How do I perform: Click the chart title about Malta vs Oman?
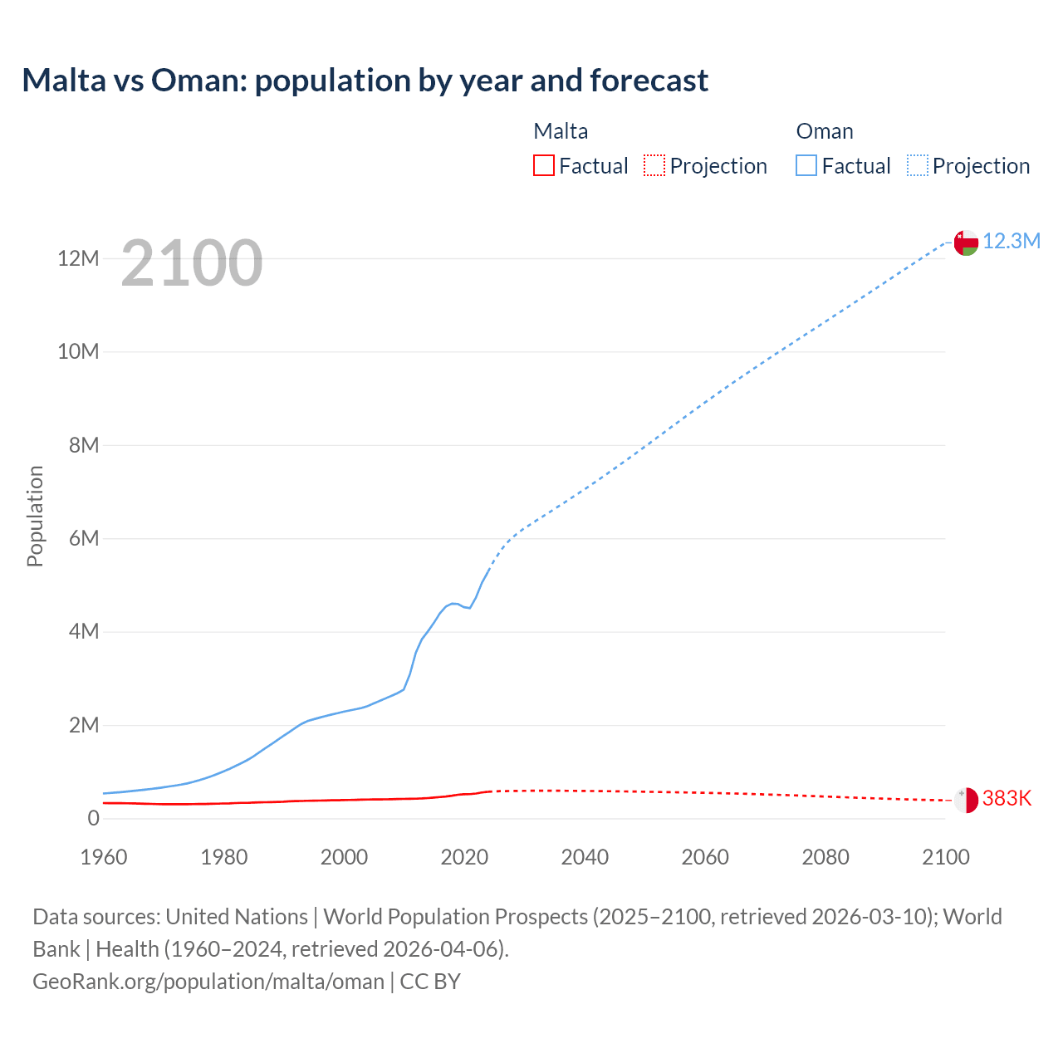pos(365,81)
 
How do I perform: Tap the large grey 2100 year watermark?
pos(192,264)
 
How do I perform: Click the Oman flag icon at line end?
pos(966,242)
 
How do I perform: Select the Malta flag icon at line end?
pos(966,800)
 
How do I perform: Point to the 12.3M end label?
pos(1012,242)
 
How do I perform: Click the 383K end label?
pos(1007,799)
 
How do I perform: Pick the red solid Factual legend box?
pos(544,165)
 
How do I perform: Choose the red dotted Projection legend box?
pos(654,165)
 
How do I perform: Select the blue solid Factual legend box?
pos(806,165)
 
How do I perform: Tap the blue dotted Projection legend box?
pos(918,165)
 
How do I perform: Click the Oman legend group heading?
pos(825,131)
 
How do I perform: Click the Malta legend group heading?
pos(561,131)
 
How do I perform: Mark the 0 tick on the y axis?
pos(93,819)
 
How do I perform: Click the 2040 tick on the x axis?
pos(585,857)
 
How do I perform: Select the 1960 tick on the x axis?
pos(104,857)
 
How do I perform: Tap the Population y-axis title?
pos(35,516)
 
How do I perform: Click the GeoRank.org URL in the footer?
pos(208,982)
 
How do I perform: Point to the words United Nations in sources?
pos(237,917)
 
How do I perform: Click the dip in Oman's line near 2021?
pos(469,607)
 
